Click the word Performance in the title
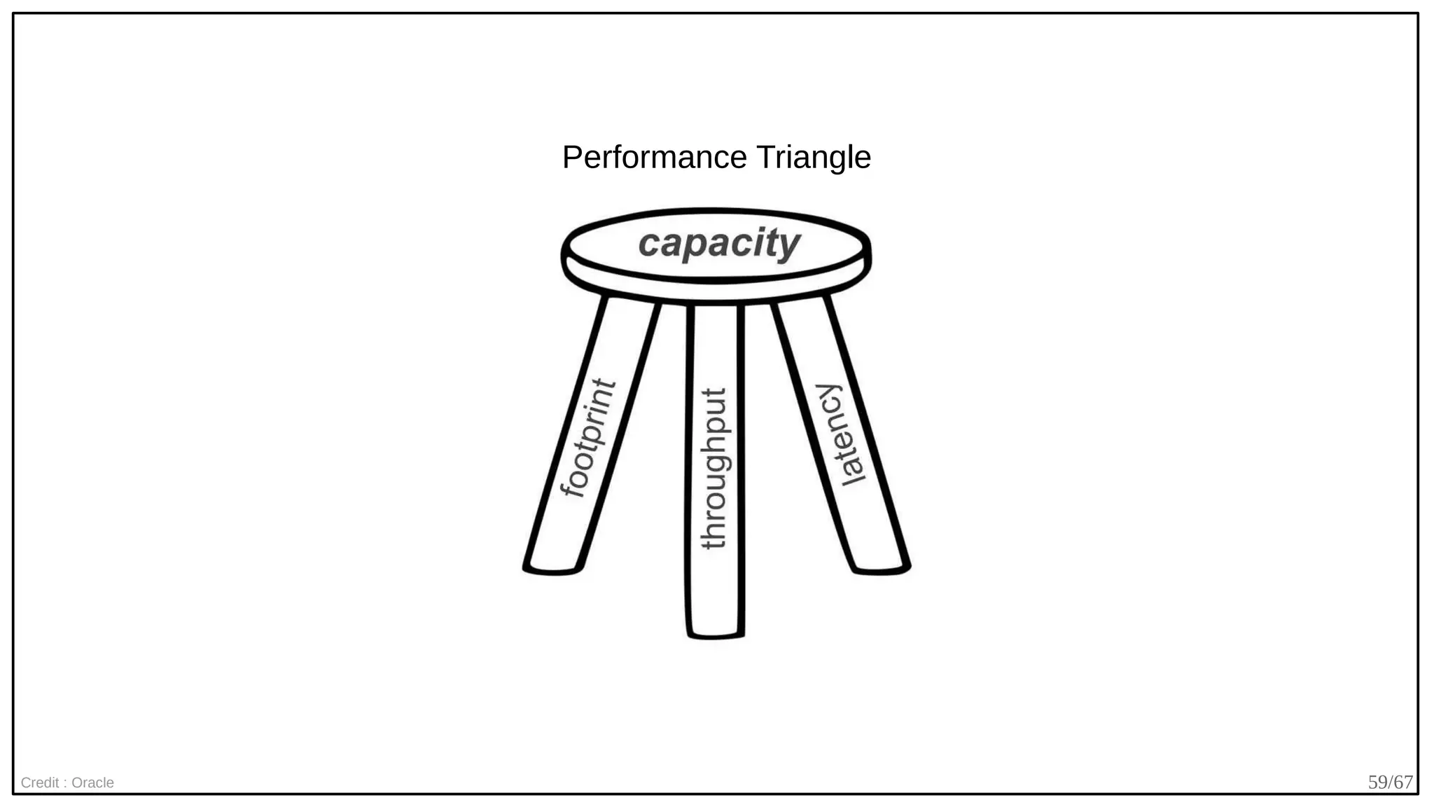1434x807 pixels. tap(655, 158)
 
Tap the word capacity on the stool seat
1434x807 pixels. tap(718, 243)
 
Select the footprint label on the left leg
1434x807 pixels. tap(588, 439)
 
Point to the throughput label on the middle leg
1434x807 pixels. tap(714, 469)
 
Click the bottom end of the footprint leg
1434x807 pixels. tap(552, 567)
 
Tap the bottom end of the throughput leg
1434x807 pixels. tap(715, 633)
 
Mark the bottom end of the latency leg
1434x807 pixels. tap(881, 567)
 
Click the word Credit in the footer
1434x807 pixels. tap(40, 782)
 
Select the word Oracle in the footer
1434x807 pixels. tap(92, 782)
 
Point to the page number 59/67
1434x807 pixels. tap(1390, 782)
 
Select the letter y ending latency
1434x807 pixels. tap(828, 394)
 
